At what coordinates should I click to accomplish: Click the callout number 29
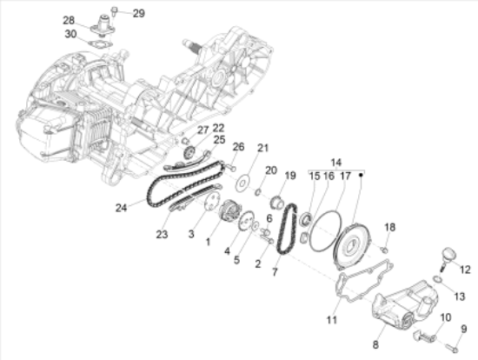139,13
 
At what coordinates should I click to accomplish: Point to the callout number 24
121,208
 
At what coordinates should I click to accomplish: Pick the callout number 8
375,344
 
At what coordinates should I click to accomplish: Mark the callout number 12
464,269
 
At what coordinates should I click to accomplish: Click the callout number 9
464,329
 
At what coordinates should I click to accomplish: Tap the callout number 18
390,227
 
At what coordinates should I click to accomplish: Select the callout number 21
263,147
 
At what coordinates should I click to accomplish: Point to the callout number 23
161,232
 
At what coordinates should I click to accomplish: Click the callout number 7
276,272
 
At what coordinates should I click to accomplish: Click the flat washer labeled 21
246,183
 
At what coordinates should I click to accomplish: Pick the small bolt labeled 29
116,11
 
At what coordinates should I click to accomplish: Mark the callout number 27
202,130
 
